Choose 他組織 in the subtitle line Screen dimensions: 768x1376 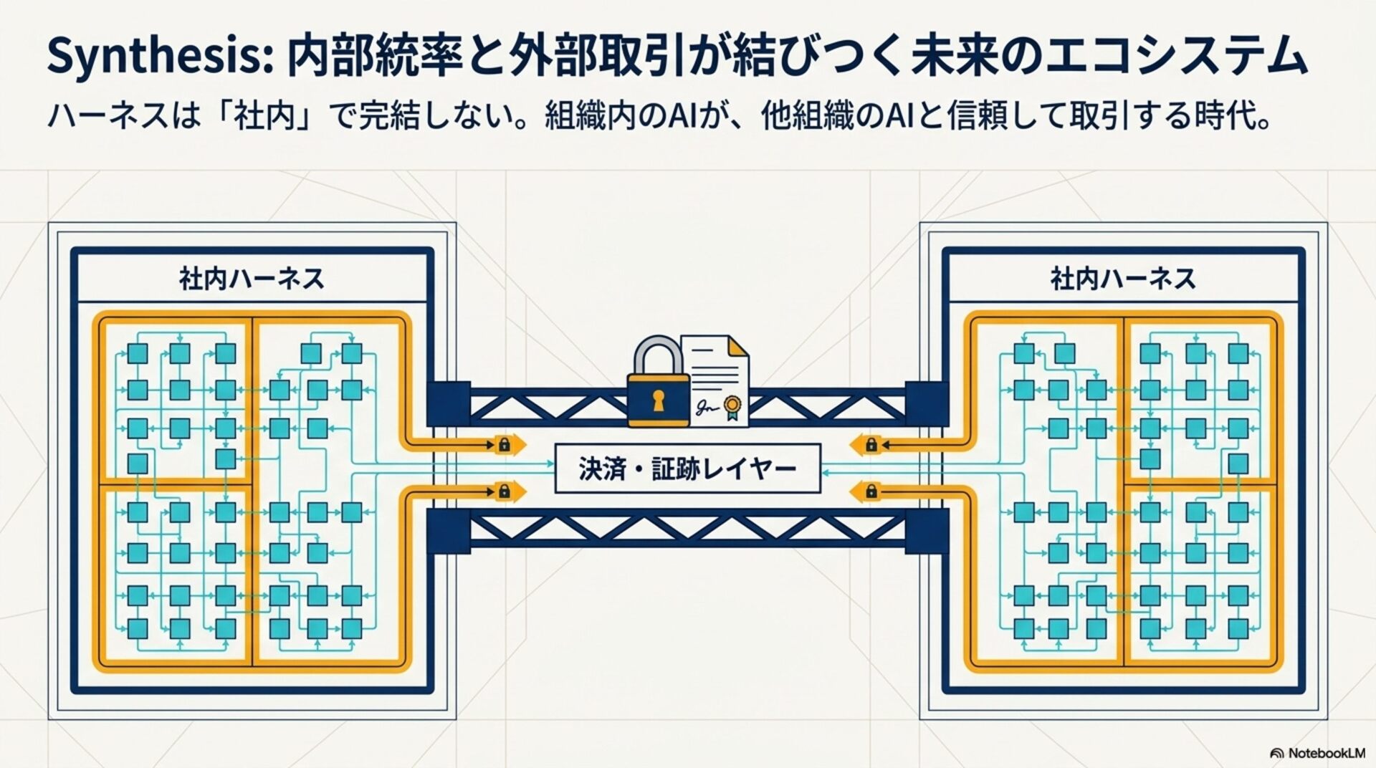pos(810,117)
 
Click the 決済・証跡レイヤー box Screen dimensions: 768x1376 pos(687,469)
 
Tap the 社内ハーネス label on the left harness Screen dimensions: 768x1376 pos(252,279)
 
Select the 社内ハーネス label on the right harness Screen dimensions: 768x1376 pos(1123,279)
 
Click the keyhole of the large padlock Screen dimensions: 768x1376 pos(658,400)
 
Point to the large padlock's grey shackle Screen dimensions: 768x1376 pos(658,355)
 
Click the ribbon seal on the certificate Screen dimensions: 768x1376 pos(731,406)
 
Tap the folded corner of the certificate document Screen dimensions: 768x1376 pos(738,347)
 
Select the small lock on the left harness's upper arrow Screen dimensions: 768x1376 pos(504,445)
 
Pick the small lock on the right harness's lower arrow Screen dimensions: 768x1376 pos(871,491)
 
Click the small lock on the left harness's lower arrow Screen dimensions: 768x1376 pos(504,491)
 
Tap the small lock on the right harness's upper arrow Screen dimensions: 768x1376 pos(871,445)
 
